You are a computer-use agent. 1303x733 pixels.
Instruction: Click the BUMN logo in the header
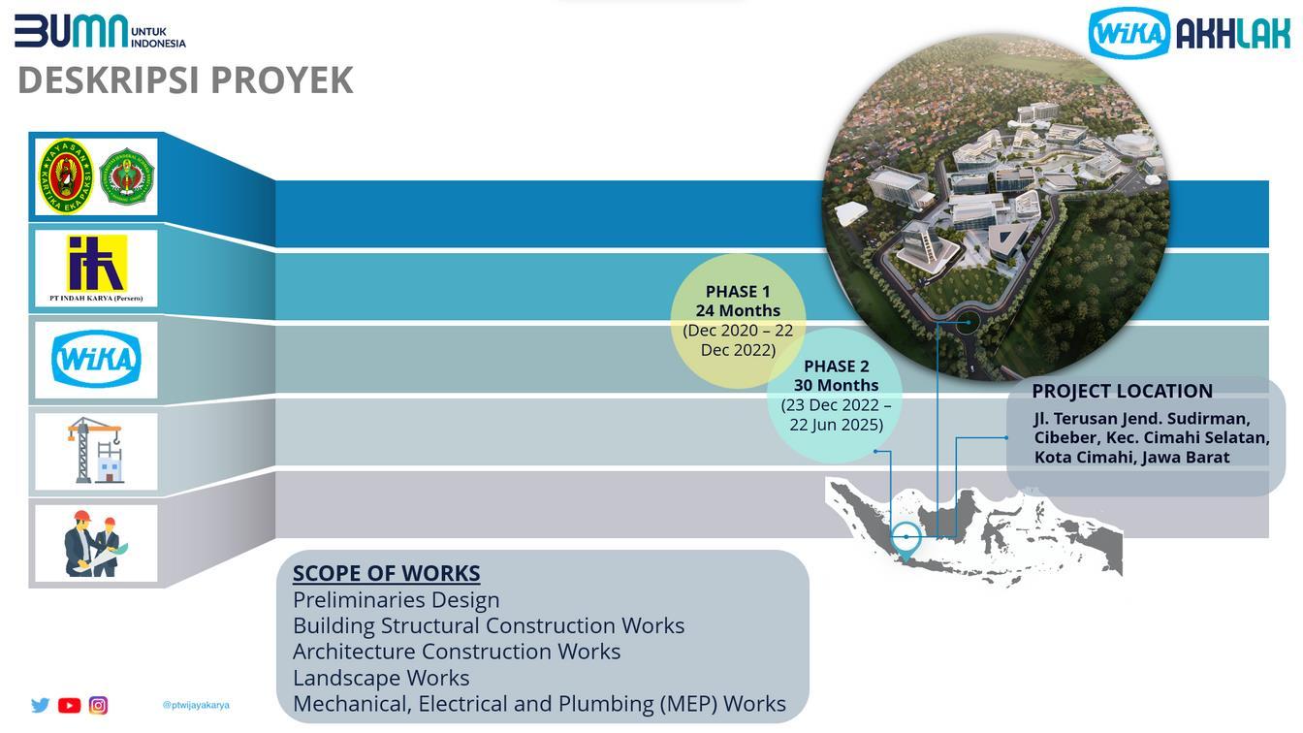(72, 31)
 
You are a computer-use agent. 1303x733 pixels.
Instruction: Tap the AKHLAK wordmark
(1233, 35)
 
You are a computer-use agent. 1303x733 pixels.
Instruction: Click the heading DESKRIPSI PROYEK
(185, 80)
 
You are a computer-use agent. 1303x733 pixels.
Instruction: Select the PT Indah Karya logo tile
(96, 269)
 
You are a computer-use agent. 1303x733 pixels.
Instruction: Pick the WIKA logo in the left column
(96, 359)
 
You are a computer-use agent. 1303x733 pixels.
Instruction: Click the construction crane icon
(96, 450)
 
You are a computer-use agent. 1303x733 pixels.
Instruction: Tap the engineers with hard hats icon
(96, 543)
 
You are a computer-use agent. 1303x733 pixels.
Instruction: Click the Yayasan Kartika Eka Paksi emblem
(66, 176)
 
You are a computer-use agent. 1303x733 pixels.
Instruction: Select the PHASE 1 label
(738, 291)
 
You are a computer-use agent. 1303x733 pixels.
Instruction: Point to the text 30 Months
(836, 385)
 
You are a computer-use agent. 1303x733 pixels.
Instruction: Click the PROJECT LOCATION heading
(1122, 391)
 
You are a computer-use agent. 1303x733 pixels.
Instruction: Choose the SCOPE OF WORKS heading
(386, 573)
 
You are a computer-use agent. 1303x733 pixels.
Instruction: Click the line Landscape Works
(381, 678)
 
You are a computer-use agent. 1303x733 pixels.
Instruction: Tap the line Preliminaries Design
(396, 599)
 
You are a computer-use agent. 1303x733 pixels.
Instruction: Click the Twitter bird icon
(40, 705)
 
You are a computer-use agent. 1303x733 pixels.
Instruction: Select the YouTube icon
(69, 705)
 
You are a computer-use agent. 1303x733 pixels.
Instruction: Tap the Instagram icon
(98, 705)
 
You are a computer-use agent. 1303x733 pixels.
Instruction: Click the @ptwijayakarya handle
(196, 705)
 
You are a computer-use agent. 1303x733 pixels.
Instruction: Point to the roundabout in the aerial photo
(967, 323)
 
